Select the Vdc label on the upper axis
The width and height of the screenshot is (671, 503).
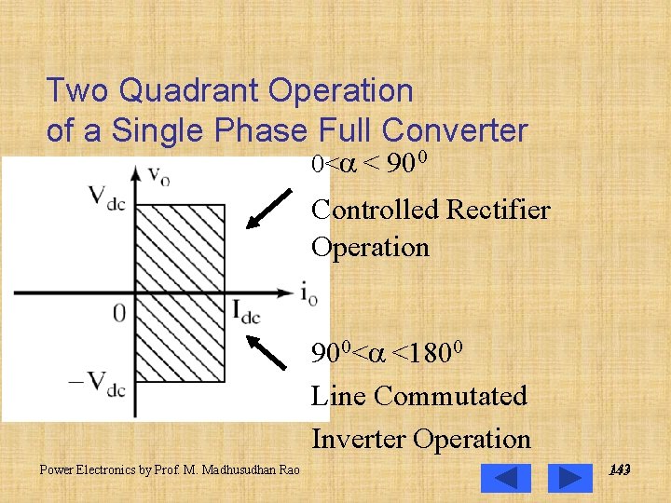click(x=105, y=197)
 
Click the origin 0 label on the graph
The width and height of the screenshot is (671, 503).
click(x=118, y=313)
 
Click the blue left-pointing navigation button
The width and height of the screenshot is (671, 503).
click(x=505, y=478)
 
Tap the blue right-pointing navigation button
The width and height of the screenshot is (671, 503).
click(x=569, y=478)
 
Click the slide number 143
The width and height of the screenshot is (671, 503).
click(x=619, y=470)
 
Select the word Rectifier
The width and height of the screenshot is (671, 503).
click(x=498, y=210)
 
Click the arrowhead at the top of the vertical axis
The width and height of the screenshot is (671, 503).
click(x=137, y=173)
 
